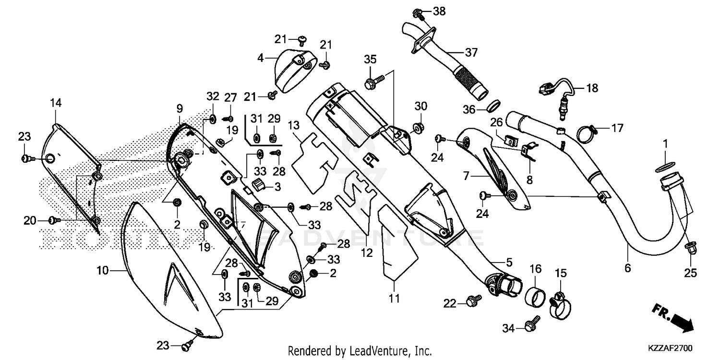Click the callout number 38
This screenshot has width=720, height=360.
439,11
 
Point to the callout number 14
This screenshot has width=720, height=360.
56,102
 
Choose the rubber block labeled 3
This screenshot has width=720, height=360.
258,185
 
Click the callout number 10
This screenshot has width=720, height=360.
102,271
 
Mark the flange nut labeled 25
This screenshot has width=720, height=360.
690,248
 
